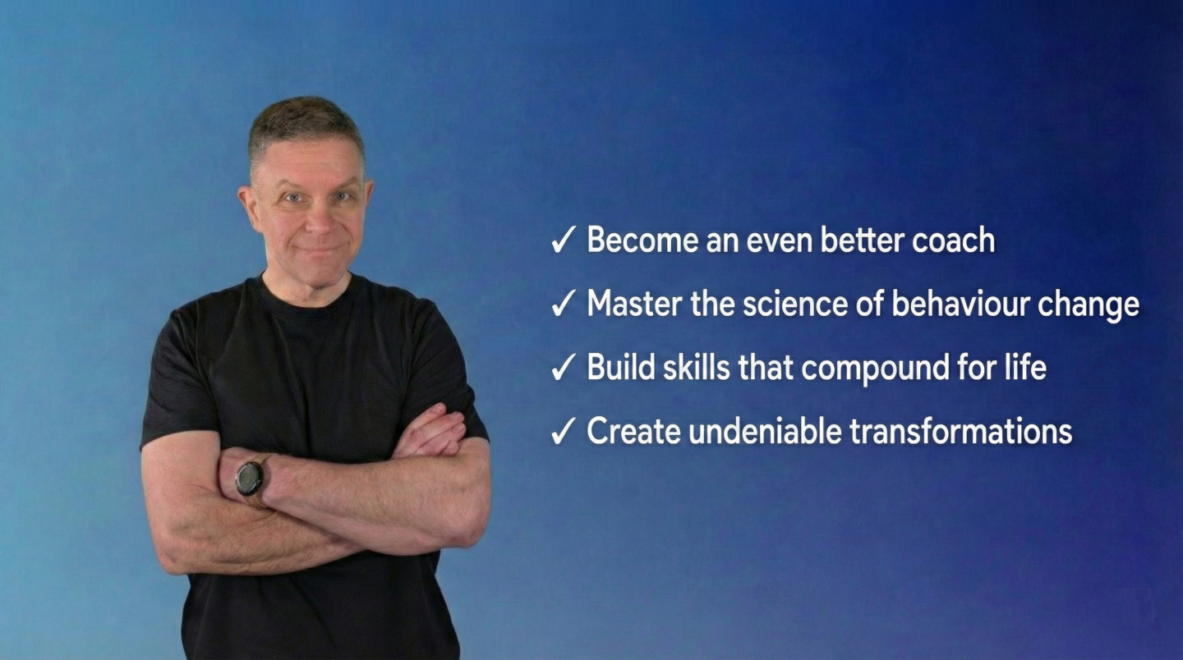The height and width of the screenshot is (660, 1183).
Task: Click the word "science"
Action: point(789,304)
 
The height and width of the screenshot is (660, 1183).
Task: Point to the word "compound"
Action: point(875,369)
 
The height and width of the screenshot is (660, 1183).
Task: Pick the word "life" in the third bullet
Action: point(1026,367)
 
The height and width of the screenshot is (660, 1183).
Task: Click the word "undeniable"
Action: point(766,431)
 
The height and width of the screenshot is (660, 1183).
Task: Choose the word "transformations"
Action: point(961,431)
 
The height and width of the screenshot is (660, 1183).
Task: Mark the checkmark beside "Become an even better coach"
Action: point(563,241)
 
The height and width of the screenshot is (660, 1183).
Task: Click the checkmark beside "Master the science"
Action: point(563,305)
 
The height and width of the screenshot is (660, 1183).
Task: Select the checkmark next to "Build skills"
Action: point(563,368)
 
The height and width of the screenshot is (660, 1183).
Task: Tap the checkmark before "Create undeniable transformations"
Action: point(563,432)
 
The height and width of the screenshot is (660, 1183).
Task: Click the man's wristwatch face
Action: point(249,479)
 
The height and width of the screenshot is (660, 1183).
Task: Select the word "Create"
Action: point(633,431)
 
